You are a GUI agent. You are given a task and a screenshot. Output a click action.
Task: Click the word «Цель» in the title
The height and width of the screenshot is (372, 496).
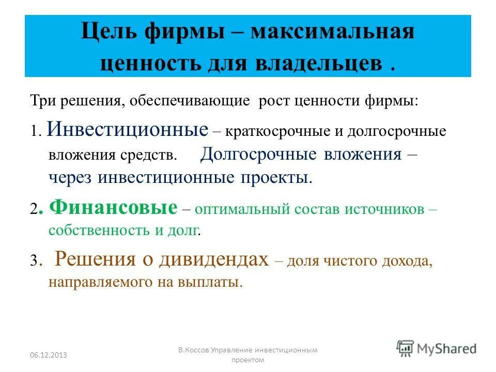[x=110, y=32]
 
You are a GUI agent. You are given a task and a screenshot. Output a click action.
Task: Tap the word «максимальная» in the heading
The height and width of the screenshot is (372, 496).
[x=333, y=32]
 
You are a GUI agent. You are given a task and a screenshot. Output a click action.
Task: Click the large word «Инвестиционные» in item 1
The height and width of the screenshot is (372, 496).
[x=127, y=129]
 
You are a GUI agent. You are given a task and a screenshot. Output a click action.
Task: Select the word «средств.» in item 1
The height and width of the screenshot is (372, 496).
[x=157, y=154]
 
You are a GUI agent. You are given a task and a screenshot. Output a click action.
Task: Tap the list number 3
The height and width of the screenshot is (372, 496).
[x=34, y=261]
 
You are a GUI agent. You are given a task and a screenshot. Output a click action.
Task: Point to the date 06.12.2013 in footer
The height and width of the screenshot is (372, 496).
[x=49, y=354]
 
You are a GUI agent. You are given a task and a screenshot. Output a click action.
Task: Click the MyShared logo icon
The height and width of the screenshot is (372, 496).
[x=405, y=348]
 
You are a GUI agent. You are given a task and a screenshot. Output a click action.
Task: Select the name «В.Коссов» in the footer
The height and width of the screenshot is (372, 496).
[x=194, y=350]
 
